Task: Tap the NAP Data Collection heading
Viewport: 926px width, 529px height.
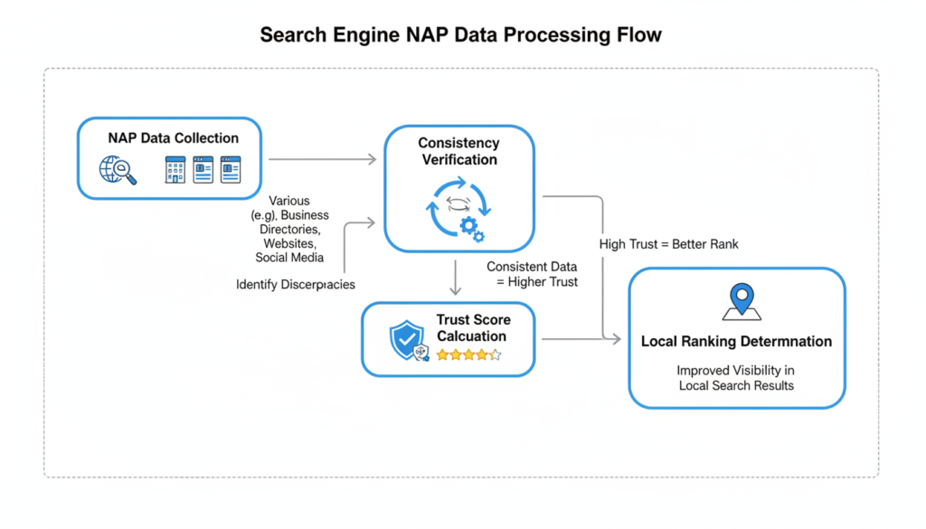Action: pyautogui.click(x=173, y=138)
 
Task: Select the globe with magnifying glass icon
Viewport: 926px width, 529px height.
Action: pyautogui.click(x=118, y=169)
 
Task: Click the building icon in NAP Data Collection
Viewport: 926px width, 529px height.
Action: pyautogui.click(x=175, y=170)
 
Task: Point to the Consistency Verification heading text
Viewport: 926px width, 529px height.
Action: pyautogui.click(x=458, y=152)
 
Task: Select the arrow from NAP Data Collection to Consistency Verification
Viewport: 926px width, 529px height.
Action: pyautogui.click(x=323, y=159)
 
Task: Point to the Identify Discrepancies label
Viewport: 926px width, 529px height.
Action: pyautogui.click(x=295, y=285)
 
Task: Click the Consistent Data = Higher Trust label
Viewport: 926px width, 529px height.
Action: pyautogui.click(x=531, y=275)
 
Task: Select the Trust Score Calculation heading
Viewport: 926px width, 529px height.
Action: pyautogui.click(x=472, y=328)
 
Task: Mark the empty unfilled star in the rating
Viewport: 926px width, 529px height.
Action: pyautogui.click(x=495, y=355)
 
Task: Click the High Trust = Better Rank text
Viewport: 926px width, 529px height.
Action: pyautogui.click(x=668, y=244)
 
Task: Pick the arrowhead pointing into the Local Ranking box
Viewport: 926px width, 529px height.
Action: pyautogui.click(x=617, y=340)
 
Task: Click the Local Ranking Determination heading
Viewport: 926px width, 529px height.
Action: pyautogui.click(x=736, y=342)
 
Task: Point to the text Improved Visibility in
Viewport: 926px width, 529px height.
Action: pyautogui.click(x=736, y=371)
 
